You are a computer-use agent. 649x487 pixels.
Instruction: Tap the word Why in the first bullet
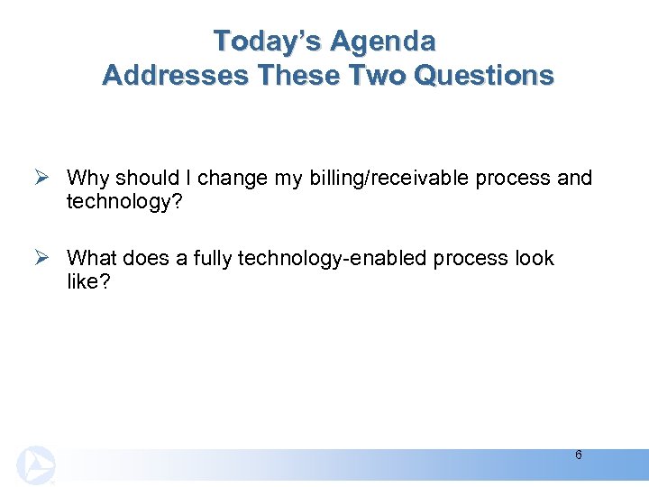[x=86, y=178]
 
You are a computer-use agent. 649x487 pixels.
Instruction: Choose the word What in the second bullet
[x=91, y=258]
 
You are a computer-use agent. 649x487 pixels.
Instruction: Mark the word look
[x=535, y=258]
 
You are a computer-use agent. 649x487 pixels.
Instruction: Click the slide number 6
[x=578, y=455]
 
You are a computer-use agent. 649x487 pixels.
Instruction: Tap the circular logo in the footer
[x=34, y=465]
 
